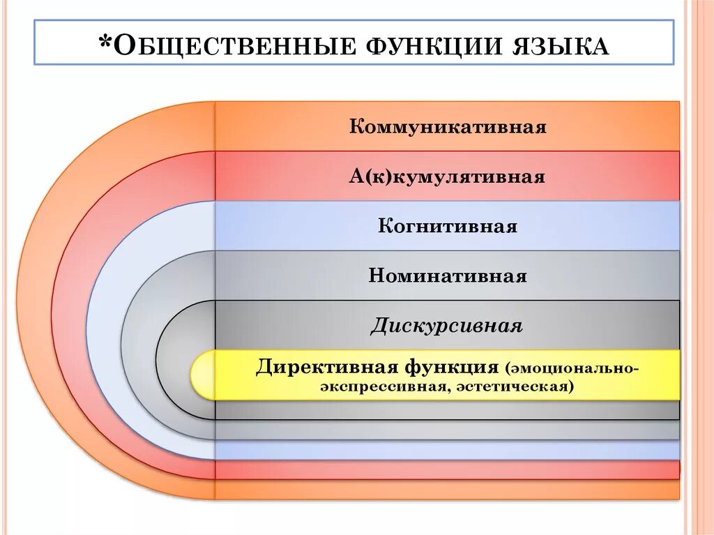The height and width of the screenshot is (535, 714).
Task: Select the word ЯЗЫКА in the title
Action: (x=556, y=47)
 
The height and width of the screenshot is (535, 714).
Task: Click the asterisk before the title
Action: (x=105, y=43)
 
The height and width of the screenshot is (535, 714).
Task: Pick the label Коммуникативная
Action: (x=447, y=127)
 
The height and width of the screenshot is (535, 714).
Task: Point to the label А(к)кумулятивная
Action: (x=447, y=177)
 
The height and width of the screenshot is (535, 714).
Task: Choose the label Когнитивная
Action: (x=447, y=227)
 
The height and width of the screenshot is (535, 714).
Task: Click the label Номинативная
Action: (x=447, y=276)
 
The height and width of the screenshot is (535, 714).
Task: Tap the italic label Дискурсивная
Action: (x=447, y=326)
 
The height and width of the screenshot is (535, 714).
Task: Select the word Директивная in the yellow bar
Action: (x=316, y=367)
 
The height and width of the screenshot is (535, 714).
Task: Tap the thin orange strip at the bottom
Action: (x=447, y=490)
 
